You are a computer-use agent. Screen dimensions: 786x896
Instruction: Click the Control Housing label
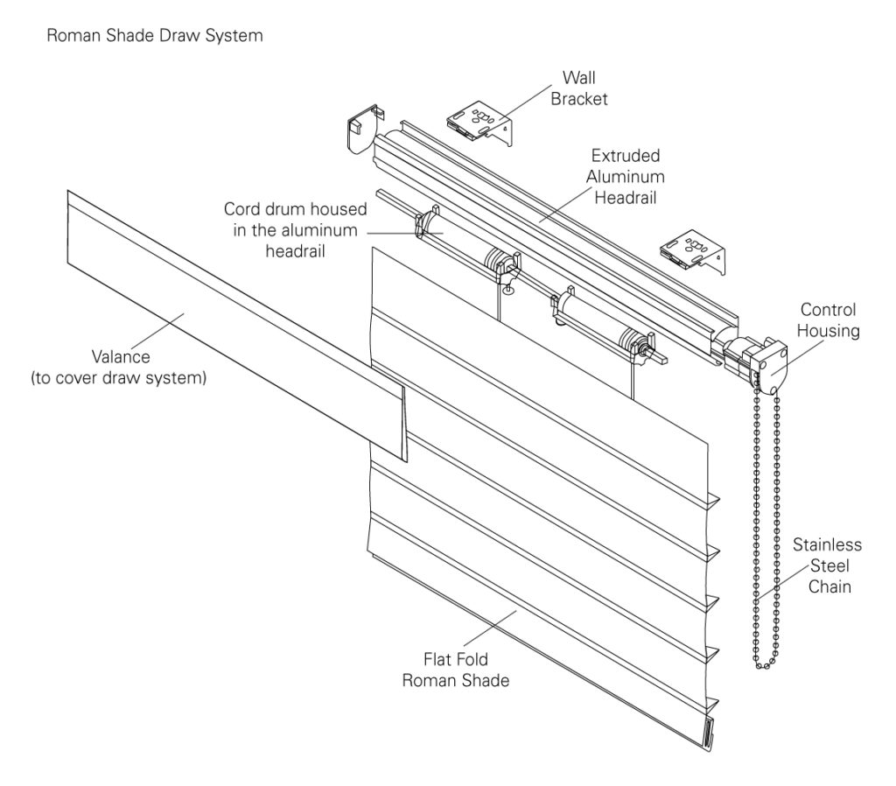tap(827, 320)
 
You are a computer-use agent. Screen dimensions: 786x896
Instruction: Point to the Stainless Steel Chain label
tap(827, 565)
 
